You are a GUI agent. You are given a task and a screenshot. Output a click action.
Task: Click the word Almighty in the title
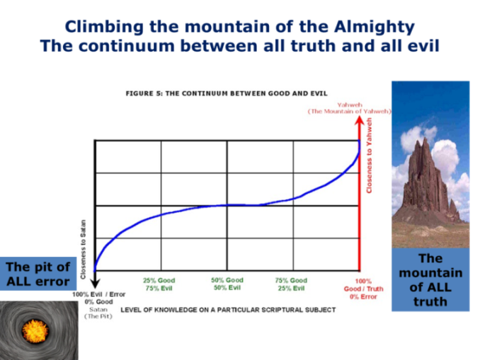point(374,27)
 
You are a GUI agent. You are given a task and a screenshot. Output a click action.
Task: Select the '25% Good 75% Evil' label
point(159,284)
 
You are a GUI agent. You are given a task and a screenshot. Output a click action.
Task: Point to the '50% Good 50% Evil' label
point(227,284)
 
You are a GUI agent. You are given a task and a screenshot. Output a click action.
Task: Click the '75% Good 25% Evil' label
point(291,284)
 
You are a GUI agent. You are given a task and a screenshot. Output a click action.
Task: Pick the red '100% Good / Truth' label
point(363,289)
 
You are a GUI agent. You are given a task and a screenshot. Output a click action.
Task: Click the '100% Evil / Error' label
point(99,294)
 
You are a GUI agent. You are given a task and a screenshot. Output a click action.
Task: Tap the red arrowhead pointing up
point(359,120)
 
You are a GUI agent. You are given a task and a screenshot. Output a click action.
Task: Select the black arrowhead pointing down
point(95,284)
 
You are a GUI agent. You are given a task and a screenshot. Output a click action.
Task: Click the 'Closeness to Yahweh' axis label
point(369,156)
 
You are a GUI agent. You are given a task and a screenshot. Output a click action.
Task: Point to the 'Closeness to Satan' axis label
point(83,249)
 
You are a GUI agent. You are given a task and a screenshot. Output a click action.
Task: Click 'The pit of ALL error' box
point(38,274)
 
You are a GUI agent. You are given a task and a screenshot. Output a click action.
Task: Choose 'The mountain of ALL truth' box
point(430,279)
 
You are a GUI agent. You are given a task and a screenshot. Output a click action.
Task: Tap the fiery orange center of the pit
point(35,331)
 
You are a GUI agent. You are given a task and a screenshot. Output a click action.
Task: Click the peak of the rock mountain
point(425,139)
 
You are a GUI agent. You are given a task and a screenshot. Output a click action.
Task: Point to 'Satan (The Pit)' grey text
point(98,313)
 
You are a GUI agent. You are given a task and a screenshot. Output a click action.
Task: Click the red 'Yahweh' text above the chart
point(350,105)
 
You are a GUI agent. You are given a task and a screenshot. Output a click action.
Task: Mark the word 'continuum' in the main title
point(130,46)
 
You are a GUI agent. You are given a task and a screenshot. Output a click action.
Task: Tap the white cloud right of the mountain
point(445,156)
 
